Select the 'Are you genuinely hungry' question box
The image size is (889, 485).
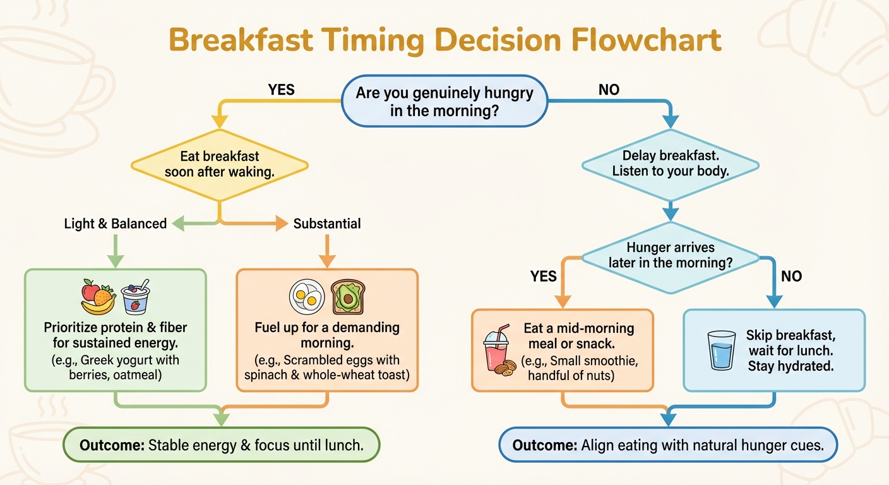coord(444,101)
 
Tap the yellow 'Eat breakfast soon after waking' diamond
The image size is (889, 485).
coord(219,164)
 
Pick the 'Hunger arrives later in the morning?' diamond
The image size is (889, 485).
coord(671,255)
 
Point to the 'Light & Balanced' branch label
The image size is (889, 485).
coord(116,224)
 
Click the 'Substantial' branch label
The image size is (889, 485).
coord(327,224)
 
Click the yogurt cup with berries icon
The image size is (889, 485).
coord(134,297)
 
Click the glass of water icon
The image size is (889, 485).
coord(721,350)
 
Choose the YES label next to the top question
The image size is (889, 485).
coord(281,90)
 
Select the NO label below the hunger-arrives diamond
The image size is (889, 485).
coord(791,276)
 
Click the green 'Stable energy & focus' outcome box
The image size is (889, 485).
coord(221,445)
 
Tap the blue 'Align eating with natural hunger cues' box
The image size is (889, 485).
coord(668,445)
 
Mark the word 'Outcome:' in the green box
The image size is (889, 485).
coord(111,445)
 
